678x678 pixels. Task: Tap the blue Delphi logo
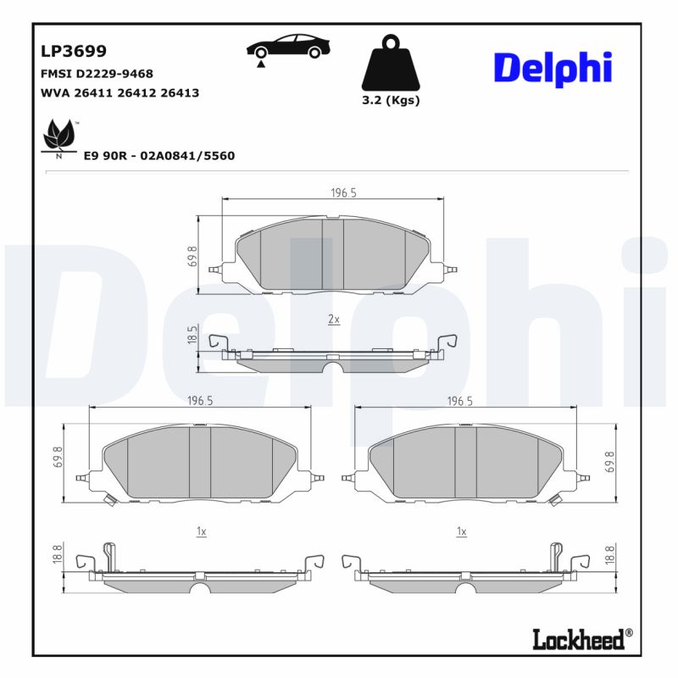[x=552, y=68]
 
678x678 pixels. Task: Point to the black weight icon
[x=391, y=64]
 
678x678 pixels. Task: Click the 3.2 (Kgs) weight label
[x=391, y=100]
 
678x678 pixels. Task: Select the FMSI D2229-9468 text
[x=97, y=75]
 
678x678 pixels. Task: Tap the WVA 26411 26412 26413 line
[x=119, y=93]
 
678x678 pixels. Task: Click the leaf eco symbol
[x=59, y=137]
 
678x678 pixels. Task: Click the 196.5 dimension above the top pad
[x=342, y=193]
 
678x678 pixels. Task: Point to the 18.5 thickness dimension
[x=192, y=335]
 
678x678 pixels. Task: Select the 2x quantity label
[x=333, y=320]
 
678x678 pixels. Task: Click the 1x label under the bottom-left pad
[x=201, y=531]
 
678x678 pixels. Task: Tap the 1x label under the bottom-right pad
[x=461, y=531]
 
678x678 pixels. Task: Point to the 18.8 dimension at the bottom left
[x=58, y=553]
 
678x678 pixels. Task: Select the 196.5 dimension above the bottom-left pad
[x=199, y=401]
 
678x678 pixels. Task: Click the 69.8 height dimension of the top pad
[x=192, y=257]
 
